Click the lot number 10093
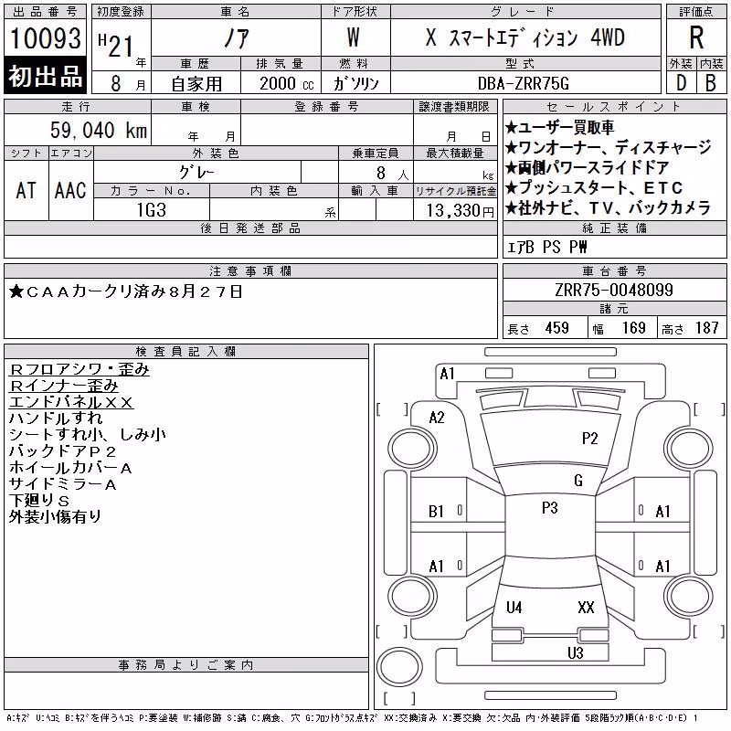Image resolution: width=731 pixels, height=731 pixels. pyautogui.click(x=45, y=37)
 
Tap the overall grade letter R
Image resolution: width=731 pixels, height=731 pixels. pyautogui.click(x=696, y=37)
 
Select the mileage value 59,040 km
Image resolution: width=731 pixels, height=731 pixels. pyautogui.click(x=99, y=130)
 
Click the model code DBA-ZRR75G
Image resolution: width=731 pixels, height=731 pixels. pyautogui.click(x=523, y=83)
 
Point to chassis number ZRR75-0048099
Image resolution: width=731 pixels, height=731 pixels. pyautogui.click(x=614, y=290)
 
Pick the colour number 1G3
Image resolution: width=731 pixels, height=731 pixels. pyautogui.click(x=152, y=210)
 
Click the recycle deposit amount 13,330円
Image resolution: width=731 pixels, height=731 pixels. pyautogui.click(x=460, y=211)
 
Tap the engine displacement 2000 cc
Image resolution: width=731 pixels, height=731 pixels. pyautogui.click(x=286, y=83)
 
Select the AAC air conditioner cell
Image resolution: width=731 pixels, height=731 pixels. pyautogui.click(x=70, y=190)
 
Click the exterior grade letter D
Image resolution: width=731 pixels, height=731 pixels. pyautogui.click(x=681, y=83)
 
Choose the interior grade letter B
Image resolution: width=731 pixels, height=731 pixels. pyautogui.click(x=711, y=83)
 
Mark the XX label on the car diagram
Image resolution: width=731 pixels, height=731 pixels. pyautogui.click(x=586, y=607)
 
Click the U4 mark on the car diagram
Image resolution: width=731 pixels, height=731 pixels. pyautogui.click(x=514, y=607)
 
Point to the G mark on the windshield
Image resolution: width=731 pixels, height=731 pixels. pyautogui.click(x=578, y=480)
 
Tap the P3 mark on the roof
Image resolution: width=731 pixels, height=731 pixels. pyautogui.click(x=550, y=507)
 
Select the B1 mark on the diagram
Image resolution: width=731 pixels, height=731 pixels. pyautogui.click(x=436, y=512)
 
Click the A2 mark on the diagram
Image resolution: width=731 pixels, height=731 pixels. pyautogui.click(x=437, y=418)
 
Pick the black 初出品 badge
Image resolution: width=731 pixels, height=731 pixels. pyautogui.click(x=45, y=75)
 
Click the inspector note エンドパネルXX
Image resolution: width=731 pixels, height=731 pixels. pyautogui.click(x=71, y=402)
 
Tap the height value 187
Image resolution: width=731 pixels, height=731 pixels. pyautogui.click(x=706, y=328)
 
